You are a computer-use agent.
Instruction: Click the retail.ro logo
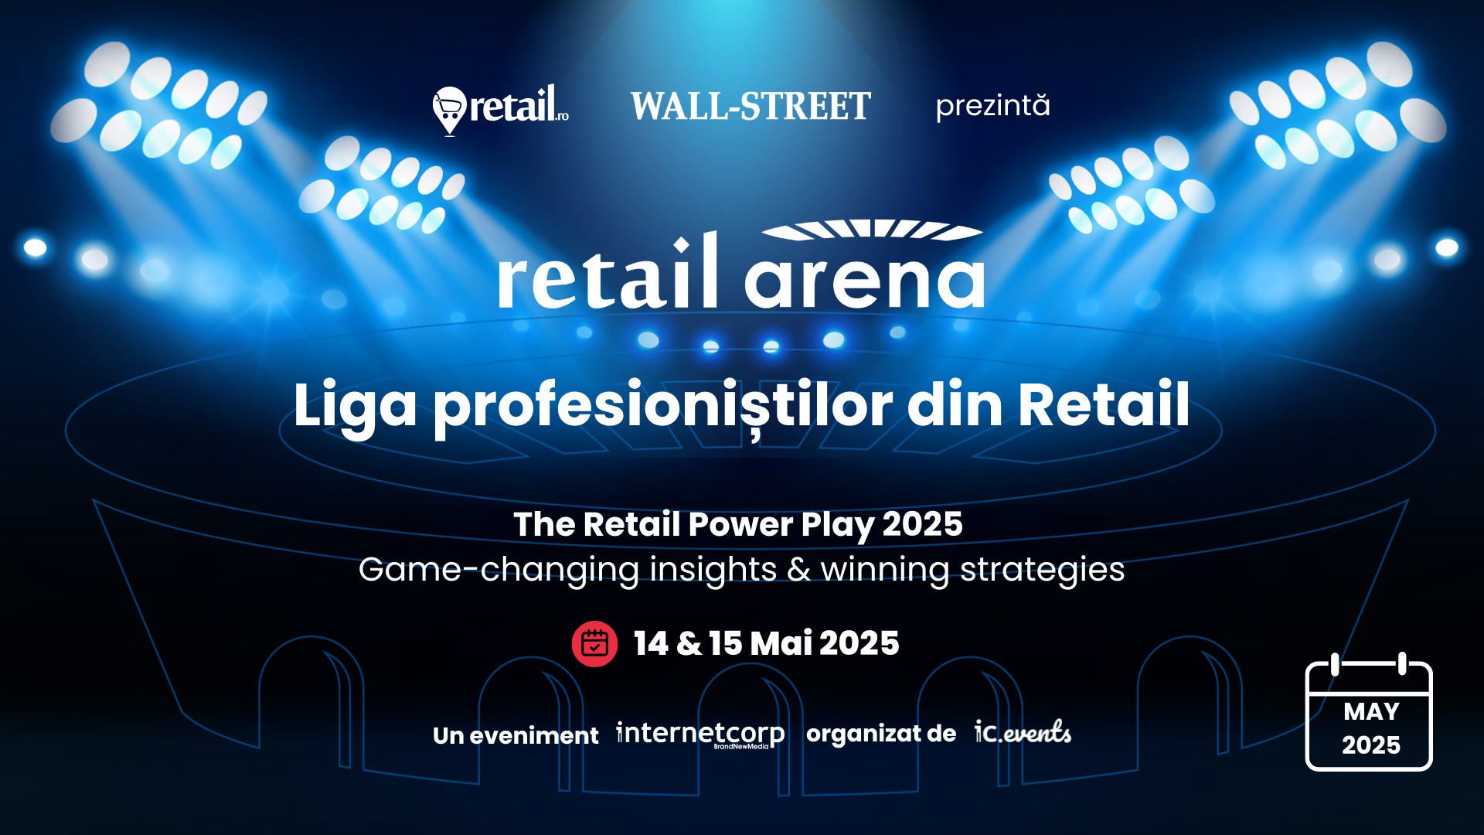pyautogui.click(x=501, y=109)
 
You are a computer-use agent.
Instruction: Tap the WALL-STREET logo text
pyautogui.click(x=751, y=107)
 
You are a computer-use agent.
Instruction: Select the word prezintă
pyautogui.click(x=993, y=106)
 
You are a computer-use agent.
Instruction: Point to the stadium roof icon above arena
pyautogui.click(x=873, y=230)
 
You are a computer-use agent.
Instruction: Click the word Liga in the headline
pyautogui.click(x=355, y=405)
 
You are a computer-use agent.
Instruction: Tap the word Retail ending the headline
pyautogui.click(x=1104, y=404)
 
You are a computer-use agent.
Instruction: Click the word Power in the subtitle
pyautogui.click(x=740, y=524)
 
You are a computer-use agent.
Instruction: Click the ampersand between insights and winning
pyautogui.click(x=798, y=570)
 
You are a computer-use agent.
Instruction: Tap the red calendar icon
pyautogui.click(x=594, y=644)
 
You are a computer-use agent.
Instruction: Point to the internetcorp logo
pyautogui.click(x=700, y=734)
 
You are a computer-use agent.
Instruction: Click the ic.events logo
pyautogui.click(x=1023, y=731)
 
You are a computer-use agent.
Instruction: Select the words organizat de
pyautogui.click(x=881, y=734)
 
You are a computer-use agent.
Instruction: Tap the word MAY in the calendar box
pyautogui.click(x=1371, y=711)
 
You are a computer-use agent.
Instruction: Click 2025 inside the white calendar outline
pyautogui.click(x=1371, y=745)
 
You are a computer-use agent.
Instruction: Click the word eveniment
pyautogui.click(x=534, y=735)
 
